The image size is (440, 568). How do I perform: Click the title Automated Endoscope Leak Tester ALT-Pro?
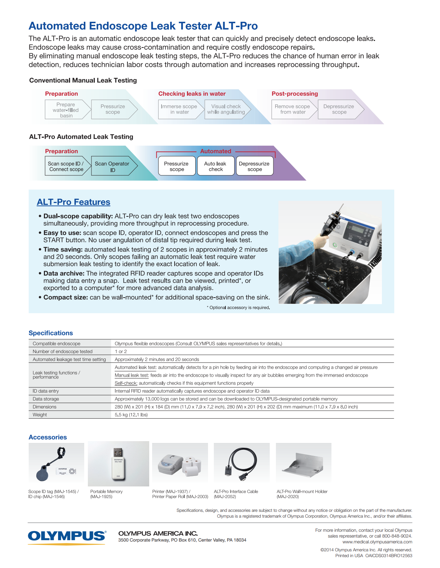click(143, 26)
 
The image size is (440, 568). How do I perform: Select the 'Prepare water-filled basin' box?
click(66, 110)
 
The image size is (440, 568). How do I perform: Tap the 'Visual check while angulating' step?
click(226, 109)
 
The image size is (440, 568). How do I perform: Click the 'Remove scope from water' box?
click(292, 109)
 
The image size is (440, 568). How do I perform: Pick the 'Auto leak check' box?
click(215, 166)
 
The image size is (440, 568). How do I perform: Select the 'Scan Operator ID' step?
click(112, 166)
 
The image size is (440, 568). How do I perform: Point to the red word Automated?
click(216, 151)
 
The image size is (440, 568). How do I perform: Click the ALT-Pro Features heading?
click(73, 202)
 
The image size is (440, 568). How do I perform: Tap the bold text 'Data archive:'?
click(64, 273)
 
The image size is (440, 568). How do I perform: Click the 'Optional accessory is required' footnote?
click(239, 308)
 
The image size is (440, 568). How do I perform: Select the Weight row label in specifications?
click(40, 415)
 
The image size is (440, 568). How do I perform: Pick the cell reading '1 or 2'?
click(121, 351)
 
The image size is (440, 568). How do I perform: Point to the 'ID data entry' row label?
click(46, 391)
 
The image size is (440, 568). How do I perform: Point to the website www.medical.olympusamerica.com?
click(377, 542)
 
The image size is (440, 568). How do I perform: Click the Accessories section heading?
click(48, 437)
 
